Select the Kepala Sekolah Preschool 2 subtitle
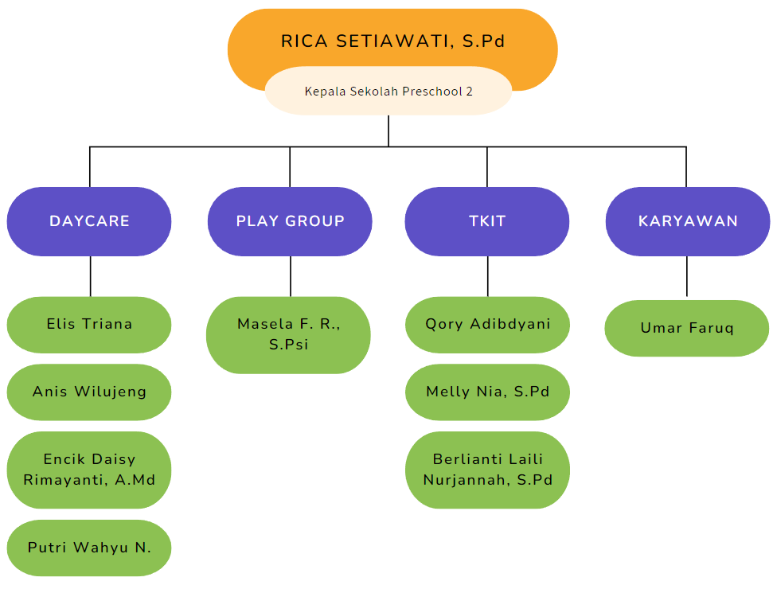click(x=388, y=92)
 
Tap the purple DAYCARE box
click(x=89, y=221)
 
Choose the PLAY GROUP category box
click(x=290, y=221)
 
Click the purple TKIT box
click(x=487, y=221)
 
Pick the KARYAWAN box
click(x=688, y=221)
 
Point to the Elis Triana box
click(x=89, y=325)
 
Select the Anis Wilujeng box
click(x=89, y=392)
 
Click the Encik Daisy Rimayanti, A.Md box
click(x=89, y=470)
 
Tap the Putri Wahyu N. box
click(x=89, y=548)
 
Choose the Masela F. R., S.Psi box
click(x=288, y=334)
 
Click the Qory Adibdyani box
click(x=487, y=325)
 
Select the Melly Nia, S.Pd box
click(x=487, y=392)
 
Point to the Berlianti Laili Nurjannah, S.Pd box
click(x=487, y=470)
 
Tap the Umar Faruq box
click(x=687, y=328)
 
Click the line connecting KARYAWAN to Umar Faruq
click(x=687, y=277)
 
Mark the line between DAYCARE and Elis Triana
click(x=90, y=276)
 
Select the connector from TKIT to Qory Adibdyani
click(x=487, y=276)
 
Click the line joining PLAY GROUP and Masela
click(x=291, y=276)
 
